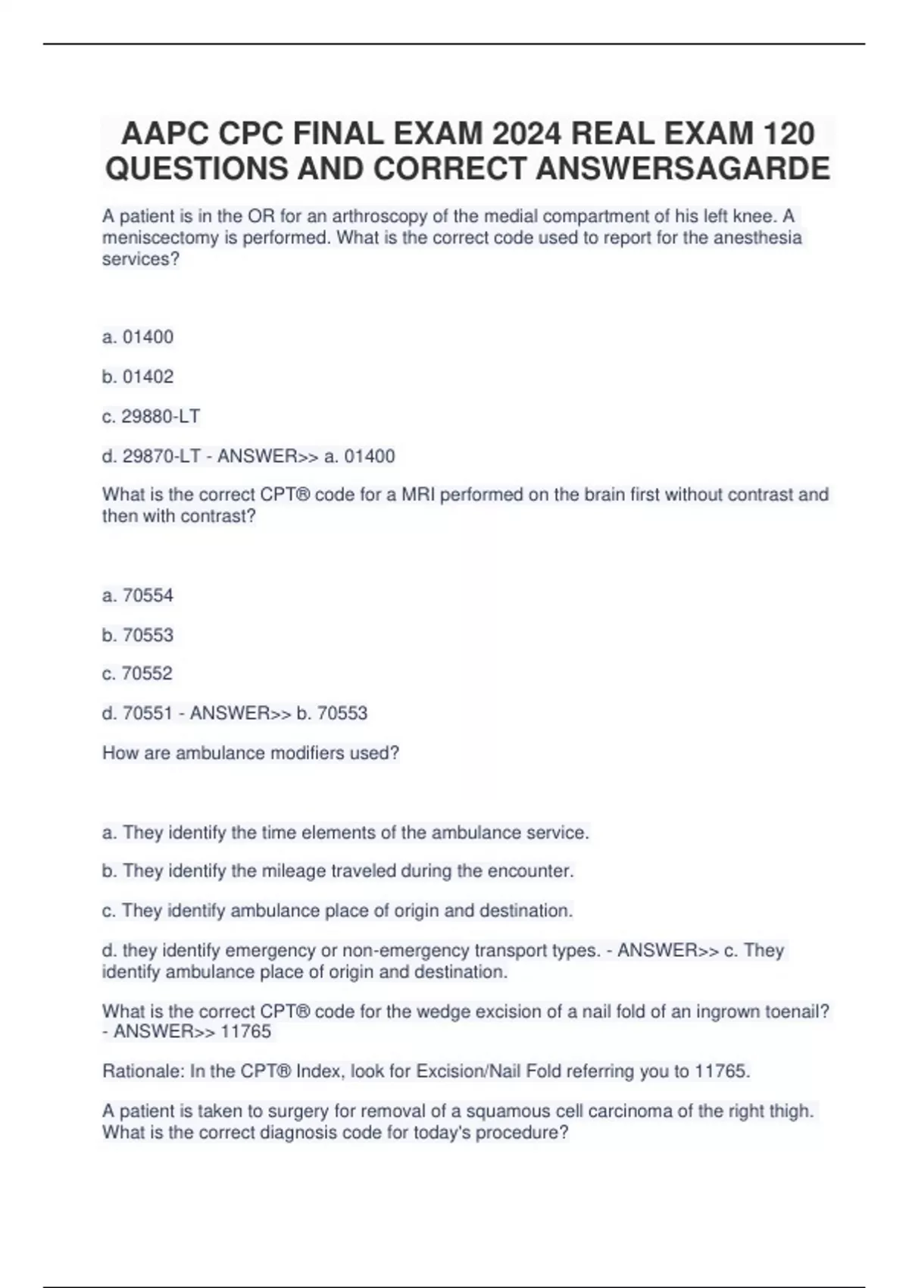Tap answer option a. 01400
(x=138, y=337)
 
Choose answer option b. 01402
(x=138, y=377)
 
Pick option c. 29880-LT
(x=151, y=416)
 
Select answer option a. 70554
(x=138, y=596)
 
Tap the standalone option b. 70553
(x=138, y=635)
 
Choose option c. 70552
(x=138, y=674)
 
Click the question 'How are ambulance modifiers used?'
(x=251, y=753)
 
